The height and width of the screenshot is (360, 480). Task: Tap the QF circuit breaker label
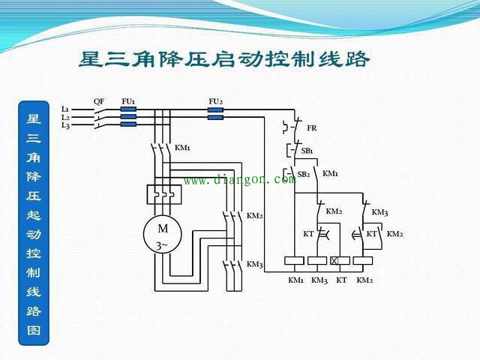[99, 101]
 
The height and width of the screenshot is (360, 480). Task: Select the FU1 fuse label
[128, 101]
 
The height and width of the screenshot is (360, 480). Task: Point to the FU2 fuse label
[215, 101]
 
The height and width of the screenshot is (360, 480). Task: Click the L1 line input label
[65, 109]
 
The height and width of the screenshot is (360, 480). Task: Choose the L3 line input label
[65, 125]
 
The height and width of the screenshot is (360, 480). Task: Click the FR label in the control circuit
[312, 128]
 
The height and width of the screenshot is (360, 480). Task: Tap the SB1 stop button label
[307, 151]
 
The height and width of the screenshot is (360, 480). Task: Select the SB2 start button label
[303, 174]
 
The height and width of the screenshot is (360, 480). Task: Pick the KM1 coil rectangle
[294, 260]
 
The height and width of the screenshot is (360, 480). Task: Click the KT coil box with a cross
[340, 260]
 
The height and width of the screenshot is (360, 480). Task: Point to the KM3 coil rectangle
[317, 260]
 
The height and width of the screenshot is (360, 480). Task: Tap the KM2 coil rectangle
[363, 260]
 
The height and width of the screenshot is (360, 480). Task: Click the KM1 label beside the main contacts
[182, 148]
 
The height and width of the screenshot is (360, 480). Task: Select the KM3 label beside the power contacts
[255, 264]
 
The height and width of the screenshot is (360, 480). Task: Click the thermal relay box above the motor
[164, 194]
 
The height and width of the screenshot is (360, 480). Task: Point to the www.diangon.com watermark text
[240, 179]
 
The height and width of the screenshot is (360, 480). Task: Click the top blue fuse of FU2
[215, 110]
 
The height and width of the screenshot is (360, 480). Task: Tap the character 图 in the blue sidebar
[34, 330]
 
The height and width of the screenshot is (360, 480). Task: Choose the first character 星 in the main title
[91, 58]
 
